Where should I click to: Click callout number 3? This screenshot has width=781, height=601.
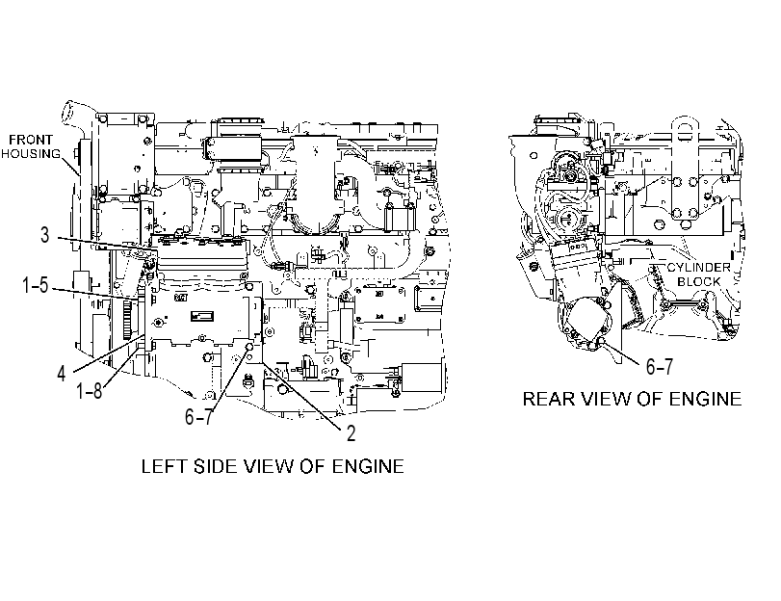click(45, 235)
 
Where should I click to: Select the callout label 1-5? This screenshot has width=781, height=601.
click(36, 285)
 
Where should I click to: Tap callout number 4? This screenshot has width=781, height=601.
click(62, 374)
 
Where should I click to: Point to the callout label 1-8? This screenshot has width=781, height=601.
click(90, 391)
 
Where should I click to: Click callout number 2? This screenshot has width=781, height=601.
click(351, 433)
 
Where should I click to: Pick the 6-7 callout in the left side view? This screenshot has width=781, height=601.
click(198, 416)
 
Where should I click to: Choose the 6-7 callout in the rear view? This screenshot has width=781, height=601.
click(660, 366)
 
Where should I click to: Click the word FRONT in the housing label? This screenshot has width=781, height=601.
click(31, 140)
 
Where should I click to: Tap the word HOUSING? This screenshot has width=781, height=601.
click(31, 153)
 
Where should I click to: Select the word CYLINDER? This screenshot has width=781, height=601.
click(699, 267)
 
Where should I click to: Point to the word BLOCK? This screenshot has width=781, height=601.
click(699, 281)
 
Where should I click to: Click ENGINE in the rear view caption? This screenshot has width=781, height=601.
click(705, 399)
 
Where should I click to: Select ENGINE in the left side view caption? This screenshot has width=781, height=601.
click(368, 466)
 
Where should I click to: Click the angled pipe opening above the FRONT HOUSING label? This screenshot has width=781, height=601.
click(67, 111)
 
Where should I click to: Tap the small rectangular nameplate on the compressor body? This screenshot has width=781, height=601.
click(202, 316)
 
